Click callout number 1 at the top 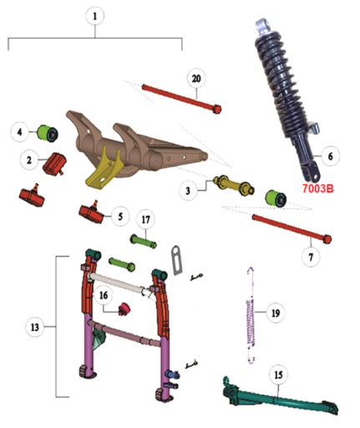click(x=94, y=16)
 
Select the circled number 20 click(x=196, y=79)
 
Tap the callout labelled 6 click(x=330, y=156)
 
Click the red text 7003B click(x=317, y=189)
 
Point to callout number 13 click(x=35, y=327)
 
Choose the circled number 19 click(x=276, y=313)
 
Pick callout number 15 click(x=278, y=375)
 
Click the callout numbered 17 click(x=146, y=220)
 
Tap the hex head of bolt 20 click(x=216, y=109)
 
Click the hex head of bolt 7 click(x=327, y=239)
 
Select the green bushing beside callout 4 click(x=48, y=133)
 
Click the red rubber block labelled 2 click(x=54, y=164)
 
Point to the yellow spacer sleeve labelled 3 click(x=234, y=185)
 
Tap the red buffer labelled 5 click(x=91, y=212)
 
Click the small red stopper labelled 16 click(x=124, y=308)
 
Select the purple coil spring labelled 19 click(x=251, y=315)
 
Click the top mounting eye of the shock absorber click(x=262, y=24)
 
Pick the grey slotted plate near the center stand click(x=176, y=260)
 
